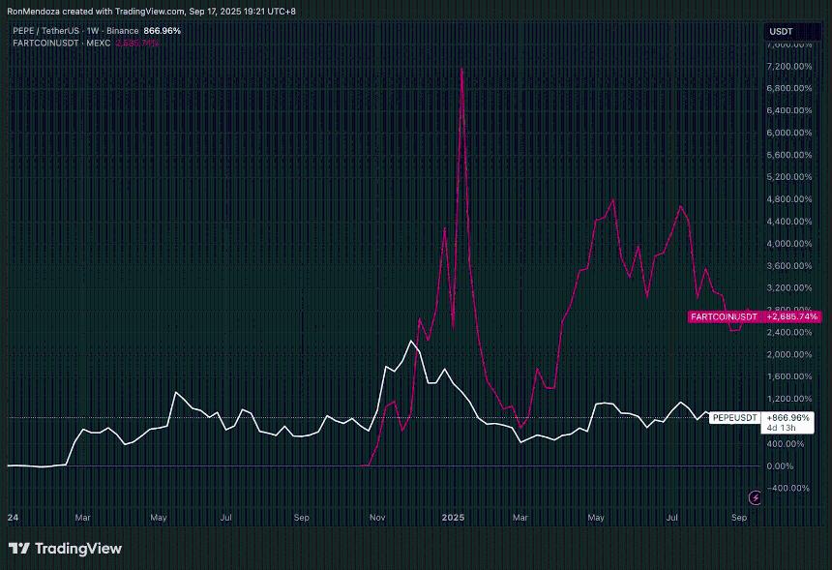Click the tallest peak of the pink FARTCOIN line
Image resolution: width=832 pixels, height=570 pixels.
(x=461, y=69)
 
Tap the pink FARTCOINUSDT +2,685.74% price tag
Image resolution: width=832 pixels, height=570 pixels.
(x=754, y=316)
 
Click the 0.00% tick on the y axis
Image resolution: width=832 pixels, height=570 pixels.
(x=782, y=465)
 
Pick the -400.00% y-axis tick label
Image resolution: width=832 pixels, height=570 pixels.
(x=786, y=488)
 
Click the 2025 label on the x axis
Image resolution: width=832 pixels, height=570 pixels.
(x=455, y=519)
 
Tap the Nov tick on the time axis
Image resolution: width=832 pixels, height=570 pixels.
(x=378, y=519)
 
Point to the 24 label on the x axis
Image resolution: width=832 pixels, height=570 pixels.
(x=13, y=519)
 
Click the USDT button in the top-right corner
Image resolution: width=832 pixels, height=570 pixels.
(x=781, y=30)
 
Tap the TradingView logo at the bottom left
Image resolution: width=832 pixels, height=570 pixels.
(x=65, y=549)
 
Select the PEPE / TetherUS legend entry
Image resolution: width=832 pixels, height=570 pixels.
(x=58, y=31)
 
